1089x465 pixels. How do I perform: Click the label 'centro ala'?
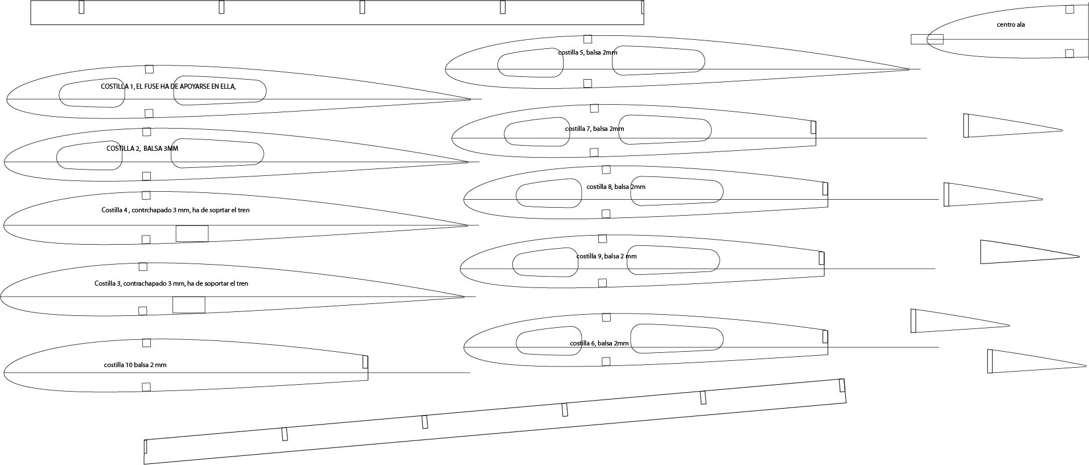point(1010,24)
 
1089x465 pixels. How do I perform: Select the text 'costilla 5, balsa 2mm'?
point(587,52)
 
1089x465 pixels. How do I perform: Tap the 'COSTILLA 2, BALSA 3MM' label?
point(142,149)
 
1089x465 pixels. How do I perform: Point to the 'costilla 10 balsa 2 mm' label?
point(135,365)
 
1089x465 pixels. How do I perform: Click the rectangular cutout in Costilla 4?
point(192,233)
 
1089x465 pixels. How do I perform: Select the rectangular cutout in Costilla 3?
point(188,304)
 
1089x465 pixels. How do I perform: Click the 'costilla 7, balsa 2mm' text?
point(594,129)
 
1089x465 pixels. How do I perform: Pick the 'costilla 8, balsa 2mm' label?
point(616,187)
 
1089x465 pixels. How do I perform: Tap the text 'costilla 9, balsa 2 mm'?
point(606,256)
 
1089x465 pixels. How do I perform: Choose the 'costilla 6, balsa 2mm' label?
point(599,343)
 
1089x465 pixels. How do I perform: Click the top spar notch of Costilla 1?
point(149,69)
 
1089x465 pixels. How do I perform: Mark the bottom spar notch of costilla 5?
point(587,83)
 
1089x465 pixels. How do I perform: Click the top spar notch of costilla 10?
point(146,343)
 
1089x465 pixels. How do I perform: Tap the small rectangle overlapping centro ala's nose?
point(927,39)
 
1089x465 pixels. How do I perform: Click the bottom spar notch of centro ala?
point(1069,54)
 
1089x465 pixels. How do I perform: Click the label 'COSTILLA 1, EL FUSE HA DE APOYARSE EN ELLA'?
point(168,87)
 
